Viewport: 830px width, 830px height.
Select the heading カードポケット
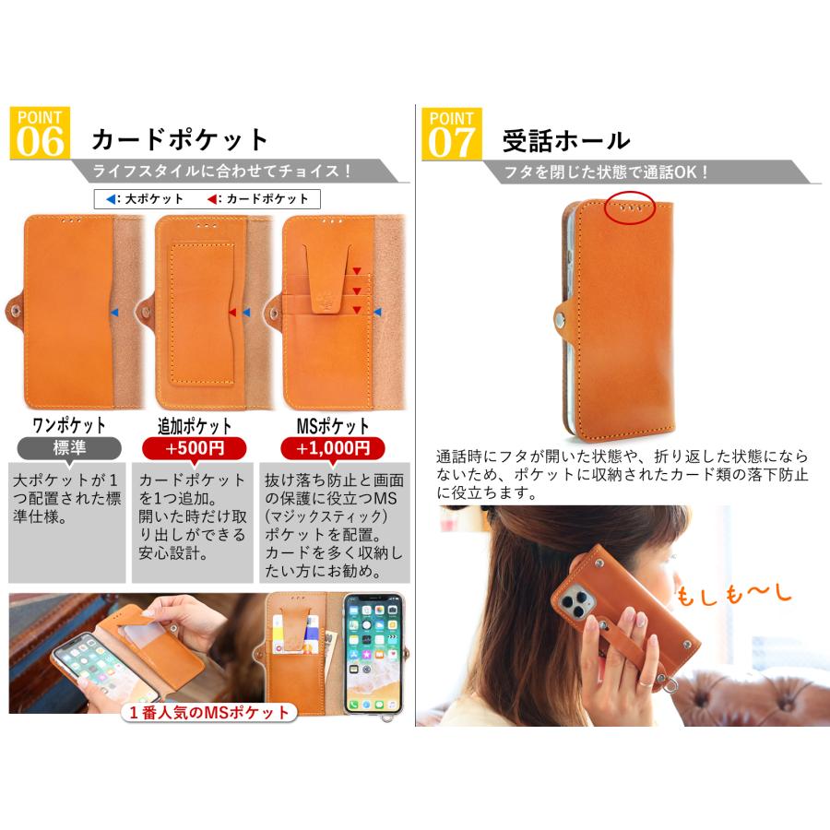pyautogui.click(x=179, y=140)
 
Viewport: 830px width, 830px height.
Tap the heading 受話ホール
pyautogui.click(x=566, y=140)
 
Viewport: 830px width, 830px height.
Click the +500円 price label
pyautogui.click(x=195, y=448)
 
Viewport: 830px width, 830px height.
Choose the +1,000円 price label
pyautogui.click(x=333, y=448)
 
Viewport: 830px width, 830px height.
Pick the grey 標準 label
pyautogui.click(x=69, y=448)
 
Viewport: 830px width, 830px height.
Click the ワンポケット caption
pyautogui.click(x=69, y=426)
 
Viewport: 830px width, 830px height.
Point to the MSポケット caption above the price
pyautogui.click(x=333, y=426)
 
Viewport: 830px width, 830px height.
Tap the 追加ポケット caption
pyautogui.click(x=195, y=426)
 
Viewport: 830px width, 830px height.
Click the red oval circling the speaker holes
pyautogui.click(x=630, y=207)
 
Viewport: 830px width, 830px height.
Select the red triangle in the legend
pyautogui.click(x=212, y=198)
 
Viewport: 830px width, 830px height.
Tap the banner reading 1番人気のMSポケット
pyautogui.click(x=208, y=711)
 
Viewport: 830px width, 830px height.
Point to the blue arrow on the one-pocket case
pyautogui.click(x=113, y=314)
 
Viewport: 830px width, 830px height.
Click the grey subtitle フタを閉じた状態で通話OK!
pyautogui.click(x=606, y=172)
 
